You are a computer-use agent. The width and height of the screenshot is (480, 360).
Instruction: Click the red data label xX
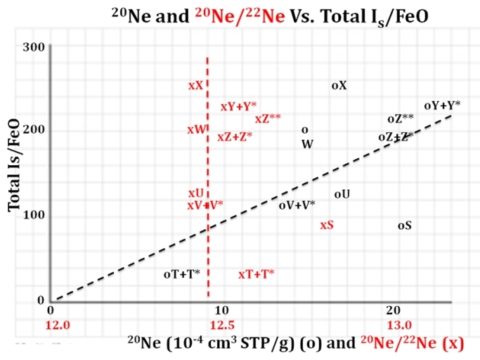click(196, 85)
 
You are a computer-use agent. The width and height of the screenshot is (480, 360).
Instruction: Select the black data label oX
click(339, 85)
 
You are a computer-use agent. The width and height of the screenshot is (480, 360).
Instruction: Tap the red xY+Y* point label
click(238, 107)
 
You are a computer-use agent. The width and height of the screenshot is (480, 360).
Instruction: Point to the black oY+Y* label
click(442, 105)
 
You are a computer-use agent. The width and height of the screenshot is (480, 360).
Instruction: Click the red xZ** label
click(268, 119)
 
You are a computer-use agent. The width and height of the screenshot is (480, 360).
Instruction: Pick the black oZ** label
click(401, 119)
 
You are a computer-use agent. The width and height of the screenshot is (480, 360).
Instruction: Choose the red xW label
click(197, 129)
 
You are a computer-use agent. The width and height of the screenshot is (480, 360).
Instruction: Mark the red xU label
click(196, 193)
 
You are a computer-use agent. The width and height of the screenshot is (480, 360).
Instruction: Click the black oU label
click(342, 193)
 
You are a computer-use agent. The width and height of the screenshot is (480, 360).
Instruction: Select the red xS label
click(327, 225)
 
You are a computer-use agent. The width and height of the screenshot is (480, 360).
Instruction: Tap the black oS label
click(405, 226)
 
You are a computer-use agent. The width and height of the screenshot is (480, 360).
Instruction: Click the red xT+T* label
click(257, 274)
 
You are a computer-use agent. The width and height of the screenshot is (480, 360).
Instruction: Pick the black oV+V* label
click(297, 205)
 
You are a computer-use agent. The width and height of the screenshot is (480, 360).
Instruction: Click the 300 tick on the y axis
click(35, 46)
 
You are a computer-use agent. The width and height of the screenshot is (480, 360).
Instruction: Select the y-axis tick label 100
click(35, 215)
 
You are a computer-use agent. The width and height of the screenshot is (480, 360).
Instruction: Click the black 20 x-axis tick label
click(394, 310)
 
